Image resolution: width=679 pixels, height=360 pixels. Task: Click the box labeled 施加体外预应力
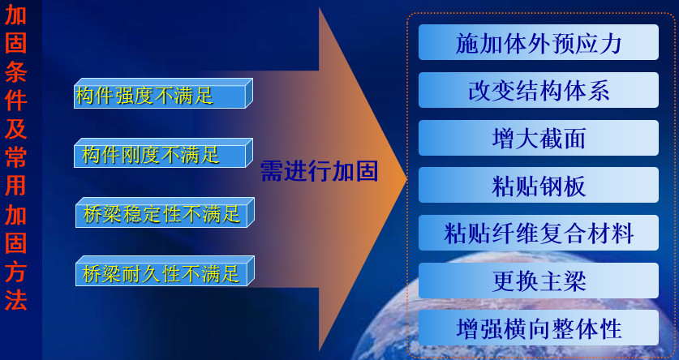coord(538,42)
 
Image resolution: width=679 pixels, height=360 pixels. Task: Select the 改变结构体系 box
coord(538,90)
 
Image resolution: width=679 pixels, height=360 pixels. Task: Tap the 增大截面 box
coord(538,138)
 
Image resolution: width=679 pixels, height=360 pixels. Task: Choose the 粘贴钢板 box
coord(538,186)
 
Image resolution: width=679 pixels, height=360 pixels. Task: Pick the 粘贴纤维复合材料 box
coord(538,234)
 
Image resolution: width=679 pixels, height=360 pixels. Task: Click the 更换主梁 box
coord(538,281)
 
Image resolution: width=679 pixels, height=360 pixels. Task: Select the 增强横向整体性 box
coord(538,328)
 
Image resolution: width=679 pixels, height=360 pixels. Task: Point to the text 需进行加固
coord(319,171)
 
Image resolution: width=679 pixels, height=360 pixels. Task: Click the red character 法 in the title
coord(15,300)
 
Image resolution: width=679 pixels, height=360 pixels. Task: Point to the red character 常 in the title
coord(15,156)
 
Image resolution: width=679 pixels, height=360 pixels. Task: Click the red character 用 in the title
coord(15,186)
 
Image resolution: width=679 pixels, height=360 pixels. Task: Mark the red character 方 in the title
coord(15,272)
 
